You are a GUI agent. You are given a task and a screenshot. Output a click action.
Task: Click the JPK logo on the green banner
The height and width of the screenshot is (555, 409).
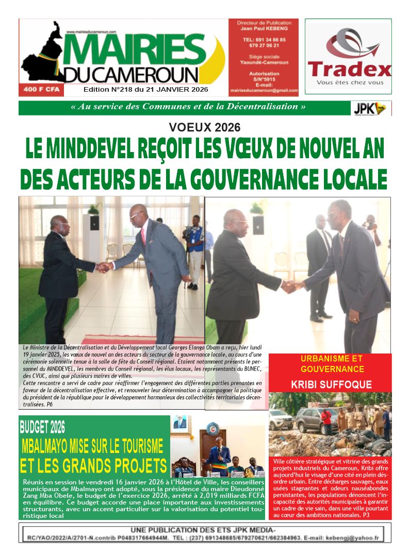click(x=371, y=108)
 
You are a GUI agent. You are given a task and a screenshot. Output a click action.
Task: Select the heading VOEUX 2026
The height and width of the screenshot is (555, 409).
click(x=205, y=127)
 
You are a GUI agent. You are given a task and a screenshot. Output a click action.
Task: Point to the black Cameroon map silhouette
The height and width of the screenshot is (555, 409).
click(x=45, y=54)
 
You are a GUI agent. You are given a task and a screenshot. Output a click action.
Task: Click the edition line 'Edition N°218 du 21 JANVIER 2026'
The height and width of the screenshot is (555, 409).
click(x=146, y=90)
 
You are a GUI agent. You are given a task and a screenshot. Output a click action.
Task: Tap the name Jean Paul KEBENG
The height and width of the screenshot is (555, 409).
click(x=264, y=29)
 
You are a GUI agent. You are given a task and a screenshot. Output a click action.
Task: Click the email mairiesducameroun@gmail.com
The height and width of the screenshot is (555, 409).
click(x=264, y=90)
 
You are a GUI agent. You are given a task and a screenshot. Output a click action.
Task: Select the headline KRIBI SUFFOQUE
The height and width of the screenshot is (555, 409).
click(x=331, y=384)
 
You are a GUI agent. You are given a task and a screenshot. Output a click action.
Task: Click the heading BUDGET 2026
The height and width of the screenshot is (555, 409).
click(x=42, y=427)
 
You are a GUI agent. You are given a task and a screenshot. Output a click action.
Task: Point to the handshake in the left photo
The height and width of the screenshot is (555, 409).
click(x=105, y=267)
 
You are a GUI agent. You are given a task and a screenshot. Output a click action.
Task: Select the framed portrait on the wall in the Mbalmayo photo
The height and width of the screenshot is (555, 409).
click(x=180, y=424)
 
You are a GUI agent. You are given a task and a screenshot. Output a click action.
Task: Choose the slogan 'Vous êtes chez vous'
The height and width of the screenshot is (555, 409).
click(x=350, y=82)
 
